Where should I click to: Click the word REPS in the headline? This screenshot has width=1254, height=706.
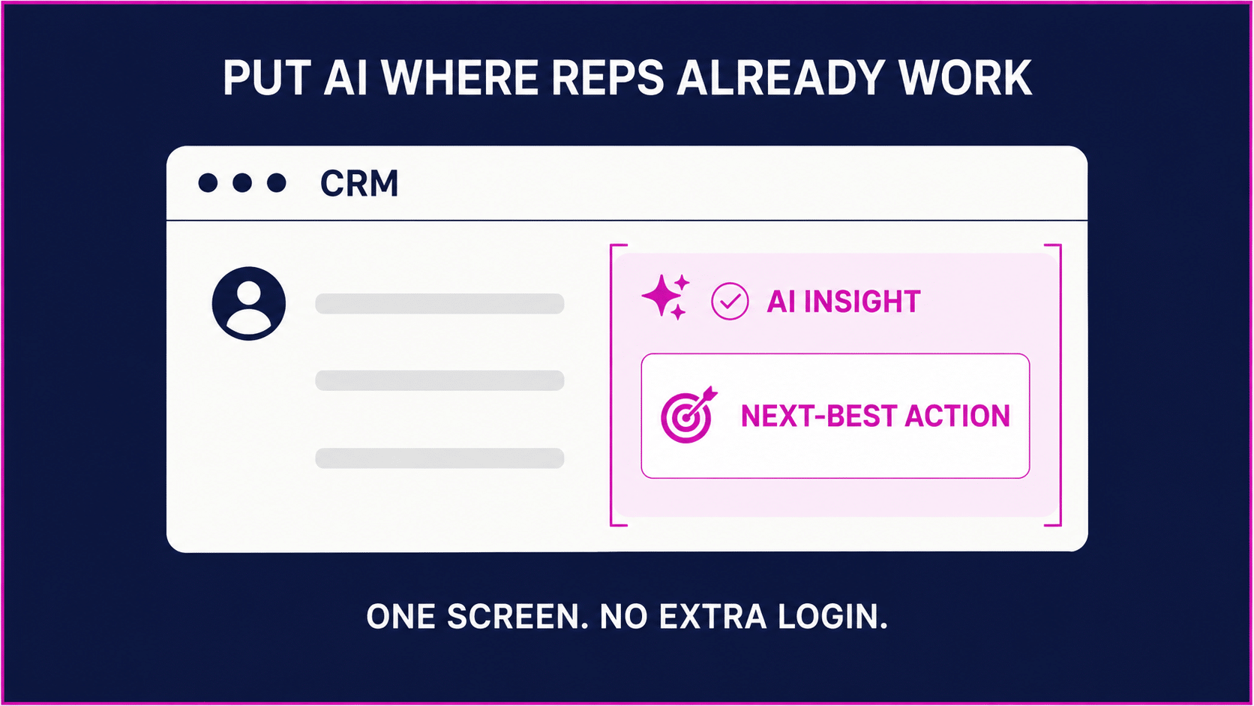tap(608, 78)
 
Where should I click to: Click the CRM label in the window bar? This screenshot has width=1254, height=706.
tap(358, 183)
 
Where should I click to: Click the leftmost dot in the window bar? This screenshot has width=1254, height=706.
tap(208, 182)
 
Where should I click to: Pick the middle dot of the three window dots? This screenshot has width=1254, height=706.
tap(241, 182)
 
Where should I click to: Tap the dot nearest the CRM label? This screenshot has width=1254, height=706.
tap(277, 182)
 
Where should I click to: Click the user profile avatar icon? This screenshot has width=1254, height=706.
tap(249, 303)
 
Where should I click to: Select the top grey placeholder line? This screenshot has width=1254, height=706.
tap(439, 303)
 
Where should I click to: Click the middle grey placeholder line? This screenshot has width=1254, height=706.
tap(439, 380)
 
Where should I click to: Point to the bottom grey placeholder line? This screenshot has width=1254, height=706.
tap(439, 458)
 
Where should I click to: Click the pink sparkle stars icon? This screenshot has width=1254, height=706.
tap(666, 297)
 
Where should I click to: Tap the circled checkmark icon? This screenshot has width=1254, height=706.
tap(730, 301)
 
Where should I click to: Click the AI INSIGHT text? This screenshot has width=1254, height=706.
tap(844, 301)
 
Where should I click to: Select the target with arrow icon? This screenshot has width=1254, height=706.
tap(688, 415)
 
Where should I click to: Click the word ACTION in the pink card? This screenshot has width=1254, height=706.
tap(957, 416)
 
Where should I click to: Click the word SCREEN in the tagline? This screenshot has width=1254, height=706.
tap(517, 617)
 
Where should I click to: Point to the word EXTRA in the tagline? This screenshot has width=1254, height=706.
tap(712, 617)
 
